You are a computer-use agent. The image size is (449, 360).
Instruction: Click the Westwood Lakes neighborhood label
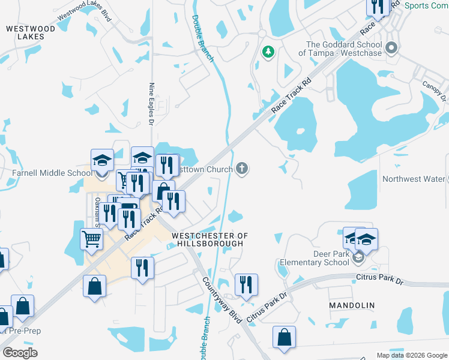pos(31,32)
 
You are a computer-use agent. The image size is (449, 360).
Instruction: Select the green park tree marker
pos(268,53)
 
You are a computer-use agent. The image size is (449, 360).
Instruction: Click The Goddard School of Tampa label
pos(344,49)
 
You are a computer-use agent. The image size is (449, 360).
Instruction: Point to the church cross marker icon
pos(242,169)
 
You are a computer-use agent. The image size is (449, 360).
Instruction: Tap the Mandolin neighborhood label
pos(352,305)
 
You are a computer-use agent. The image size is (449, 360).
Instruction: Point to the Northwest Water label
pos(414,179)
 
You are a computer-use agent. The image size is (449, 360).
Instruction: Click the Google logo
pos(20,353)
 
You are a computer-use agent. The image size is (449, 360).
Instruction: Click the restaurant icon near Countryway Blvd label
pos(246,284)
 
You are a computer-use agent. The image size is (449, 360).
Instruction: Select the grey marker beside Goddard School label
pos(393,47)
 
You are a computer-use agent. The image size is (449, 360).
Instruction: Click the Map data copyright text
pos(411,355)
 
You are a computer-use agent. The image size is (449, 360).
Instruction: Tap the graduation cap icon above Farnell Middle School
pos(102,160)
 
